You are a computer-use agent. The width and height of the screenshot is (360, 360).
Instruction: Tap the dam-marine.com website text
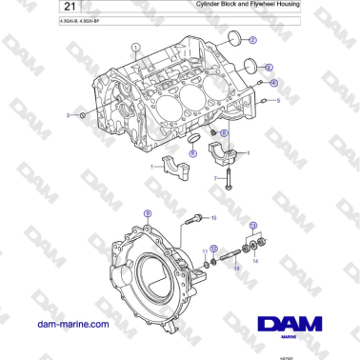[72, 324]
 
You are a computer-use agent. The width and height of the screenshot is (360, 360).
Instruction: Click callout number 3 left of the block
[68, 114]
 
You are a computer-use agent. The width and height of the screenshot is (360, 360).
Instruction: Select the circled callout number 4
[274, 83]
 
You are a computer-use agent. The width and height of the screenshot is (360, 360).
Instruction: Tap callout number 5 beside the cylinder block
[278, 99]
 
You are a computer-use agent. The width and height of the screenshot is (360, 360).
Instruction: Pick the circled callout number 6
[224, 133]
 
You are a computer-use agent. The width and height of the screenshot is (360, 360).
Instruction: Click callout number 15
[214, 218]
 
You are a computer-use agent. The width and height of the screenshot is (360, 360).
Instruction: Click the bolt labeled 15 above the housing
[195, 219]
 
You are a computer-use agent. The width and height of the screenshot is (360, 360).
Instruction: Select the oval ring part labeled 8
[192, 150]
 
